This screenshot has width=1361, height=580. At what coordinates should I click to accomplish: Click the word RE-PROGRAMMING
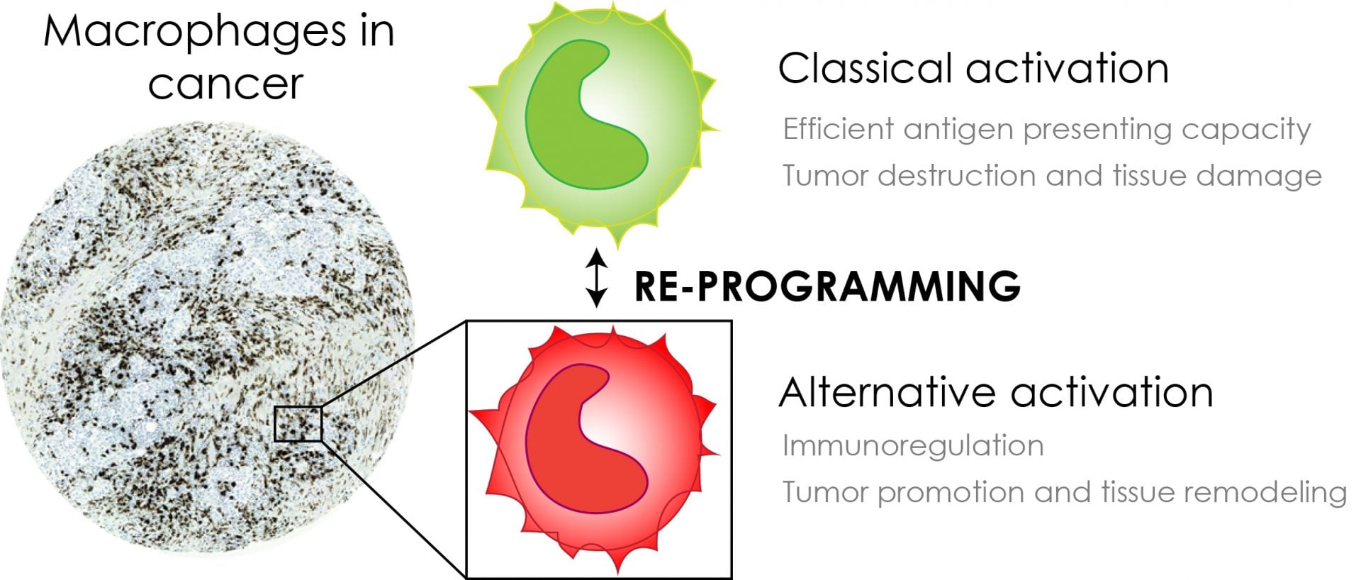pos(827,285)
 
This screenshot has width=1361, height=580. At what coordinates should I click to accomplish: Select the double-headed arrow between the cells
pos(598,277)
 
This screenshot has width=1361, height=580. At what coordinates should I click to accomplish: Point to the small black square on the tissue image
pos(298,424)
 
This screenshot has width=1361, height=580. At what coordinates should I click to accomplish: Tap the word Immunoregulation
pos(913,446)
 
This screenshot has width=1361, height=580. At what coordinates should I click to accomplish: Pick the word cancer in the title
pos(225,84)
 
